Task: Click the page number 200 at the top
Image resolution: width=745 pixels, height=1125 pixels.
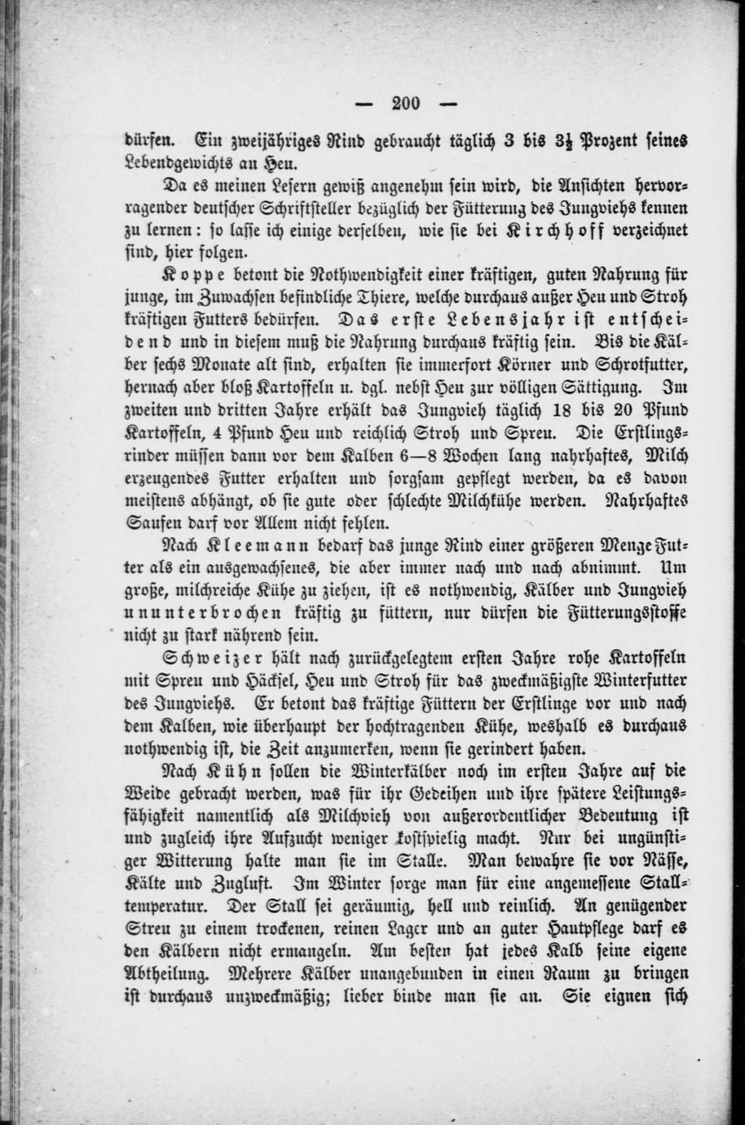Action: click(x=404, y=103)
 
